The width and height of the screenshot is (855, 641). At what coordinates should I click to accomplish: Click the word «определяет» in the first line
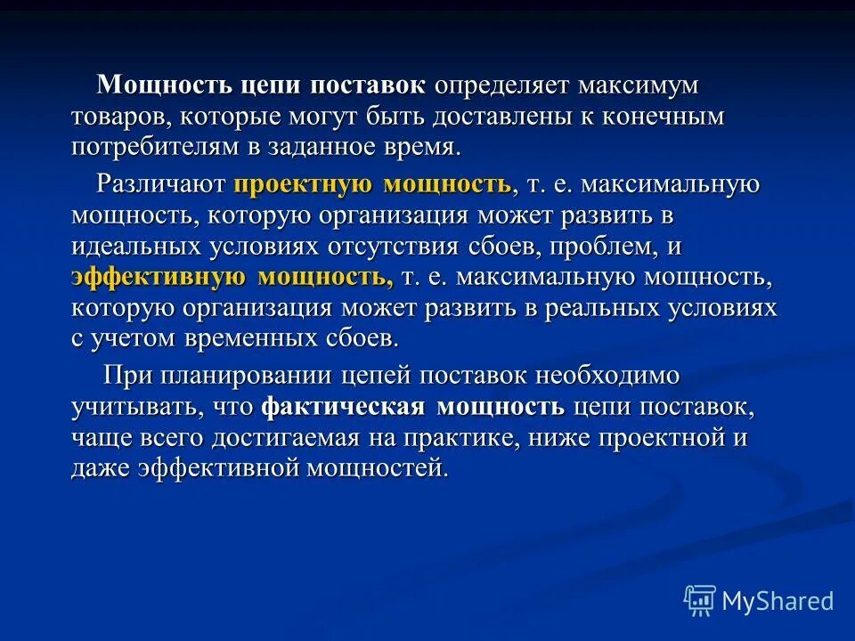coord(502,87)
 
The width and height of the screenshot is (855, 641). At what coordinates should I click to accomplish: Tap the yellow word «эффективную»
coord(159,277)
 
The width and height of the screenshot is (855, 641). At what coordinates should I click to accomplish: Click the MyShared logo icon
coord(700,600)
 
